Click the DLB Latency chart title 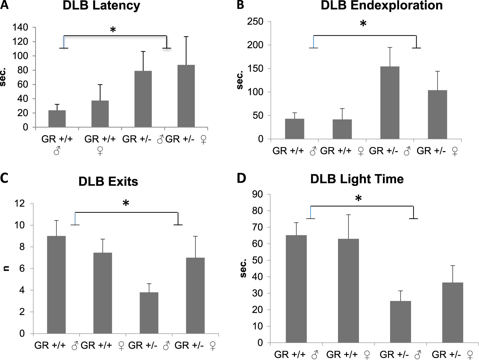coord(101,6)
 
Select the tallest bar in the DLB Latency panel coord(186,96)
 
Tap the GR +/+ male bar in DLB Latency coord(57,119)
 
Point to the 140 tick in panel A coord(20,28)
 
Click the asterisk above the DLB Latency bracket coord(113,30)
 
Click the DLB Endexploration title coord(382,6)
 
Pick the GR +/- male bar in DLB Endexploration coord(389,103)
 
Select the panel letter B coord(240,5)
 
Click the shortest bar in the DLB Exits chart coord(149,313)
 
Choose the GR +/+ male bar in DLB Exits coord(56,284)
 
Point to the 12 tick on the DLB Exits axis coord(19,204)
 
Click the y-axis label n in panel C coord(6,268)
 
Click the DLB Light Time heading coord(357,179)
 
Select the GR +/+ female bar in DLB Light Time coord(348,290)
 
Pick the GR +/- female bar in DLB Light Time coord(452,312)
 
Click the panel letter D coord(241,178)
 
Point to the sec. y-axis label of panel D coord(243,268)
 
